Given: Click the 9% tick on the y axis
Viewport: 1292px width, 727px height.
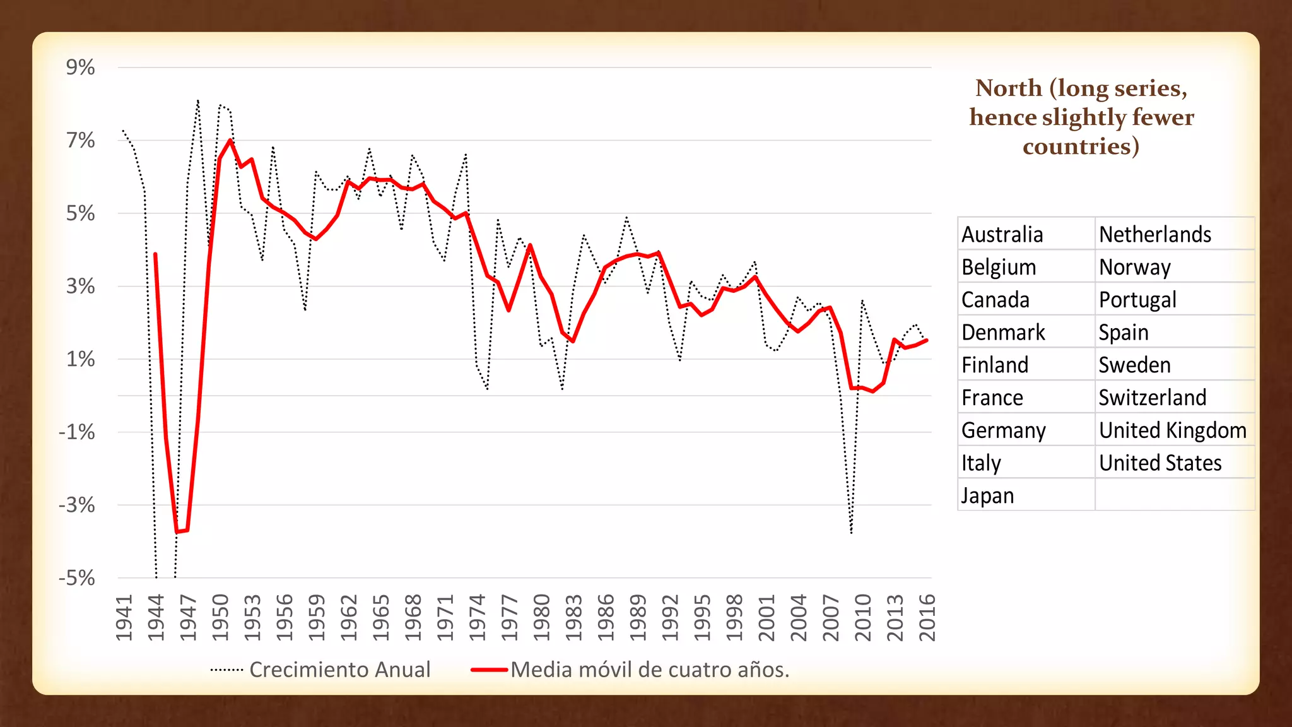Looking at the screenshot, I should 80,68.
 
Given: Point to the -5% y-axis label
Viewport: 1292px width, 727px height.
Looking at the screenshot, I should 76,578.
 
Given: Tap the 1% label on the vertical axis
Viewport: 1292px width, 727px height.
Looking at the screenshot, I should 80,360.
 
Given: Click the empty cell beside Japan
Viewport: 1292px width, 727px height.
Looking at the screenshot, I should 1173,495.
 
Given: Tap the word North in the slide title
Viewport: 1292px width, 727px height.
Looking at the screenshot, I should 1008,88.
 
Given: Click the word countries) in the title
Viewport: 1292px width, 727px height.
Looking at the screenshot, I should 1081,146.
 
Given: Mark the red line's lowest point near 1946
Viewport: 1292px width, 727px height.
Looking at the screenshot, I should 177,531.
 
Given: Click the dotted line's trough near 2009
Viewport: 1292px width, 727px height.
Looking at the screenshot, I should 851,532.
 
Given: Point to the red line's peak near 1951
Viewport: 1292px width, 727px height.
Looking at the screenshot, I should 230,139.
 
